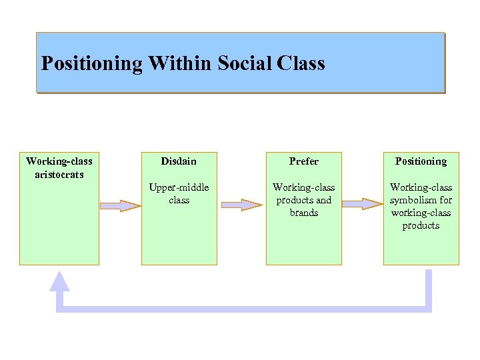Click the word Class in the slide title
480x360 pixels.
pos(300,64)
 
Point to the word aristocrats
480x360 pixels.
pos(59,174)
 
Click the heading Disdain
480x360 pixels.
pos(179,161)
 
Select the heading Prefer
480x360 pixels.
pos(304,161)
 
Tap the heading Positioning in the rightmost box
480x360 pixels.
pos(421,161)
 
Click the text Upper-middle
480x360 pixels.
pos(179,187)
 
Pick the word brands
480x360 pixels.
pos(304,213)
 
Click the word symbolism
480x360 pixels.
pos(415,200)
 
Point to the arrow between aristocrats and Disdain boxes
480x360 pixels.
pos(121,205)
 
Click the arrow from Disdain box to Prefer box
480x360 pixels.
pos(241,205)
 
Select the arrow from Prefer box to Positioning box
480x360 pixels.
pos(363,203)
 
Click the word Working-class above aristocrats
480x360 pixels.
pos(59,161)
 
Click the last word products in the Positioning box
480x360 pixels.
pos(421,225)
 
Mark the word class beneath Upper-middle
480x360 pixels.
pos(179,200)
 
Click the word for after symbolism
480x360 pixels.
pos(445,200)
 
